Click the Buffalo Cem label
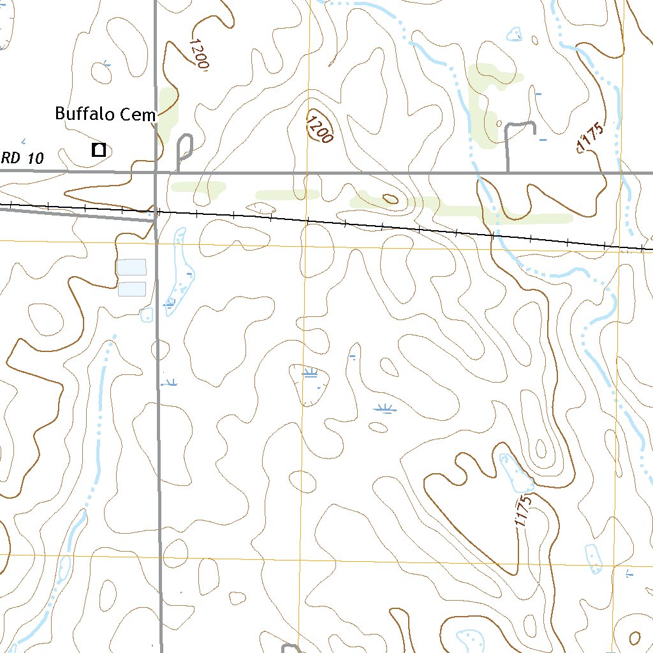pos(105,115)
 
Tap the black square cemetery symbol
pos(99,150)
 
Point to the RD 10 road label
pos(22,158)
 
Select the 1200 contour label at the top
pos(199,54)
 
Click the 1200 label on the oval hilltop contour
pos(319,128)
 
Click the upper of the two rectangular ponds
pos(132,267)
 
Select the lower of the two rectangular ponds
pos(132,289)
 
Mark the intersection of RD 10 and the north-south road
pos(156,172)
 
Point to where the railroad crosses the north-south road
pos(157,211)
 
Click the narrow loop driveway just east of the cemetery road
pos(184,150)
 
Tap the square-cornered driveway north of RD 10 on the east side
pos(520,137)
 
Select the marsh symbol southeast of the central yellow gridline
pos(383,409)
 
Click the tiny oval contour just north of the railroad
pos(388,198)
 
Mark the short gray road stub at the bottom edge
pos(290,648)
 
